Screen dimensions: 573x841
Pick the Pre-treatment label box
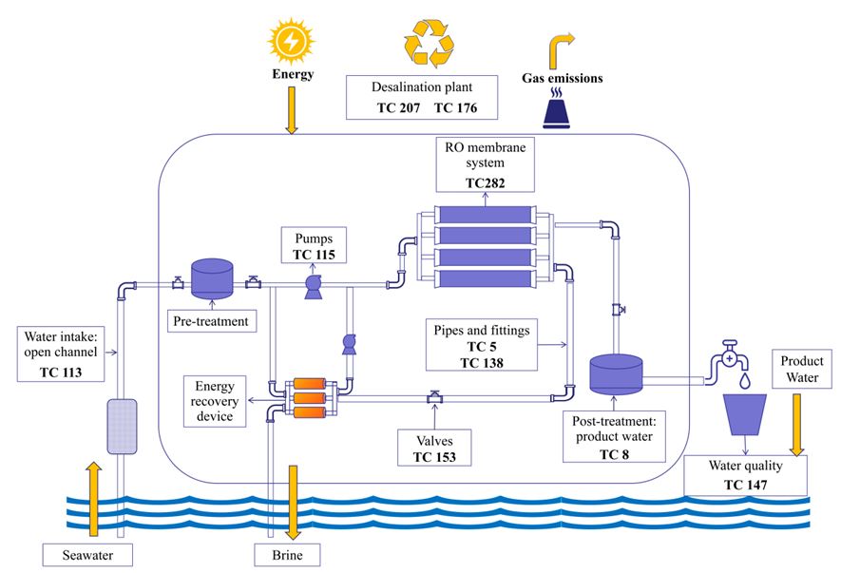(210, 321)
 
